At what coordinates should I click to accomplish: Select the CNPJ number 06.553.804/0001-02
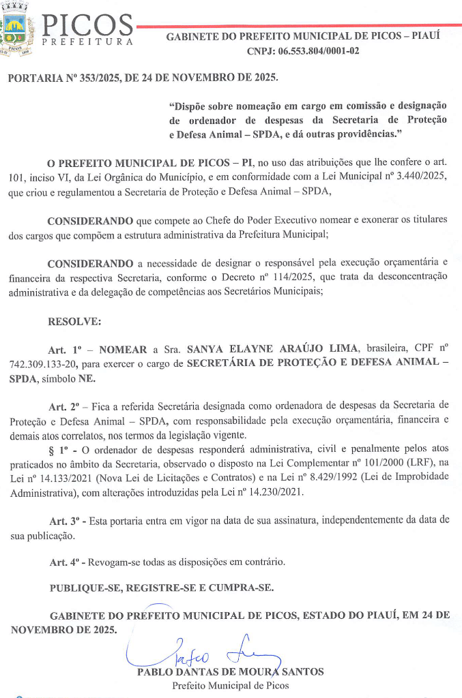pyautogui.click(x=319, y=51)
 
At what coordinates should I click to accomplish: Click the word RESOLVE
pyautogui.click(x=74, y=320)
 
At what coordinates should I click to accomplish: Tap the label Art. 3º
pyautogui.click(x=62, y=519)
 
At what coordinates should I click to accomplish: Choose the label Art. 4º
pyautogui.click(x=62, y=562)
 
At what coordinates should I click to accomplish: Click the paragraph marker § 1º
pyautogui.click(x=60, y=449)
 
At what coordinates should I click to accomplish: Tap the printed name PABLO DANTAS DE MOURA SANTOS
pyautogui.click(x=230, y=672)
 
